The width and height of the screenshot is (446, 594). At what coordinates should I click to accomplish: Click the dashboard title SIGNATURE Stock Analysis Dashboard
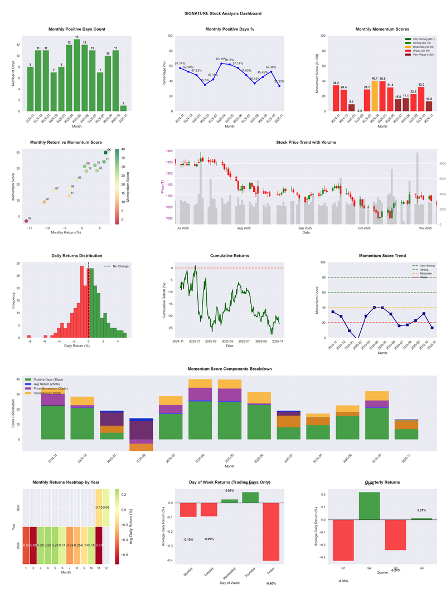(x=223, y=13)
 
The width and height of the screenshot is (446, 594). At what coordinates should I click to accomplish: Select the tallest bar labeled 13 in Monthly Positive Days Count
(x=77, y=75)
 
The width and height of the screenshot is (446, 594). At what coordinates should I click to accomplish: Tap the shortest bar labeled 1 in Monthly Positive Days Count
(x=123, y=108)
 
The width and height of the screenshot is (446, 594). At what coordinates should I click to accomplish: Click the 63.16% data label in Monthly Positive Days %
(x=221, y=59)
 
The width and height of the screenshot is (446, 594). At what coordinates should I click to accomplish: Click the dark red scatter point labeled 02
(x=26, y=221)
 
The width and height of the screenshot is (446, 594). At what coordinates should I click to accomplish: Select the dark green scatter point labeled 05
(x=105, y=153)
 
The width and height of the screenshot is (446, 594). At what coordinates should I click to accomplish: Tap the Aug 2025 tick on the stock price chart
(x=244, y=228)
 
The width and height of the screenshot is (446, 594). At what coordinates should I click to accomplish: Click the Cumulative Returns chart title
(x=230, y=256)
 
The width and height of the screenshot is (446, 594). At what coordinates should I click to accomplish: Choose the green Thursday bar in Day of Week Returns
(x=250, y=497)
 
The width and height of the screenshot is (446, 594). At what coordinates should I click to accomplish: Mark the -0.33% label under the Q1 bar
(x=343, y=581)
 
